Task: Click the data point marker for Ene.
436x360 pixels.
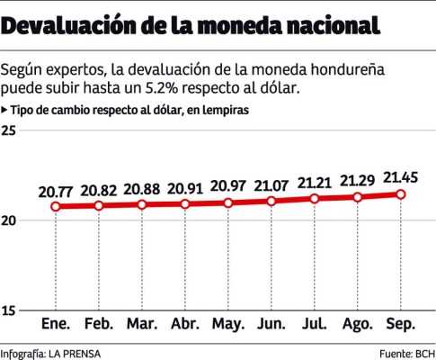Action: [x=56, y=207]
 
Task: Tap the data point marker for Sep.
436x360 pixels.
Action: [x=401, y=194]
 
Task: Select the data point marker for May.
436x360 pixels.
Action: [x=228, y=203]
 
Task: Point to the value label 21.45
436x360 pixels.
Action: [x=400, y=177]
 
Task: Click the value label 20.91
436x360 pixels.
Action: [x=185, y=189]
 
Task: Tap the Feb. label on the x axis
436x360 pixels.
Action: [x=99, y=322]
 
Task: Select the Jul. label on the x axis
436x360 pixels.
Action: [x=315, y=322]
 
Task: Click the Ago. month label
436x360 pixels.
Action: [x=358, y=322]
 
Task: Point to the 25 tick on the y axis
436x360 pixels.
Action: [x=10, y=131]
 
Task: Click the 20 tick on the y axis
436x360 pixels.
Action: [x=10, y=220]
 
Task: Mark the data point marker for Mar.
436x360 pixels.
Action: [x=142, y=205]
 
